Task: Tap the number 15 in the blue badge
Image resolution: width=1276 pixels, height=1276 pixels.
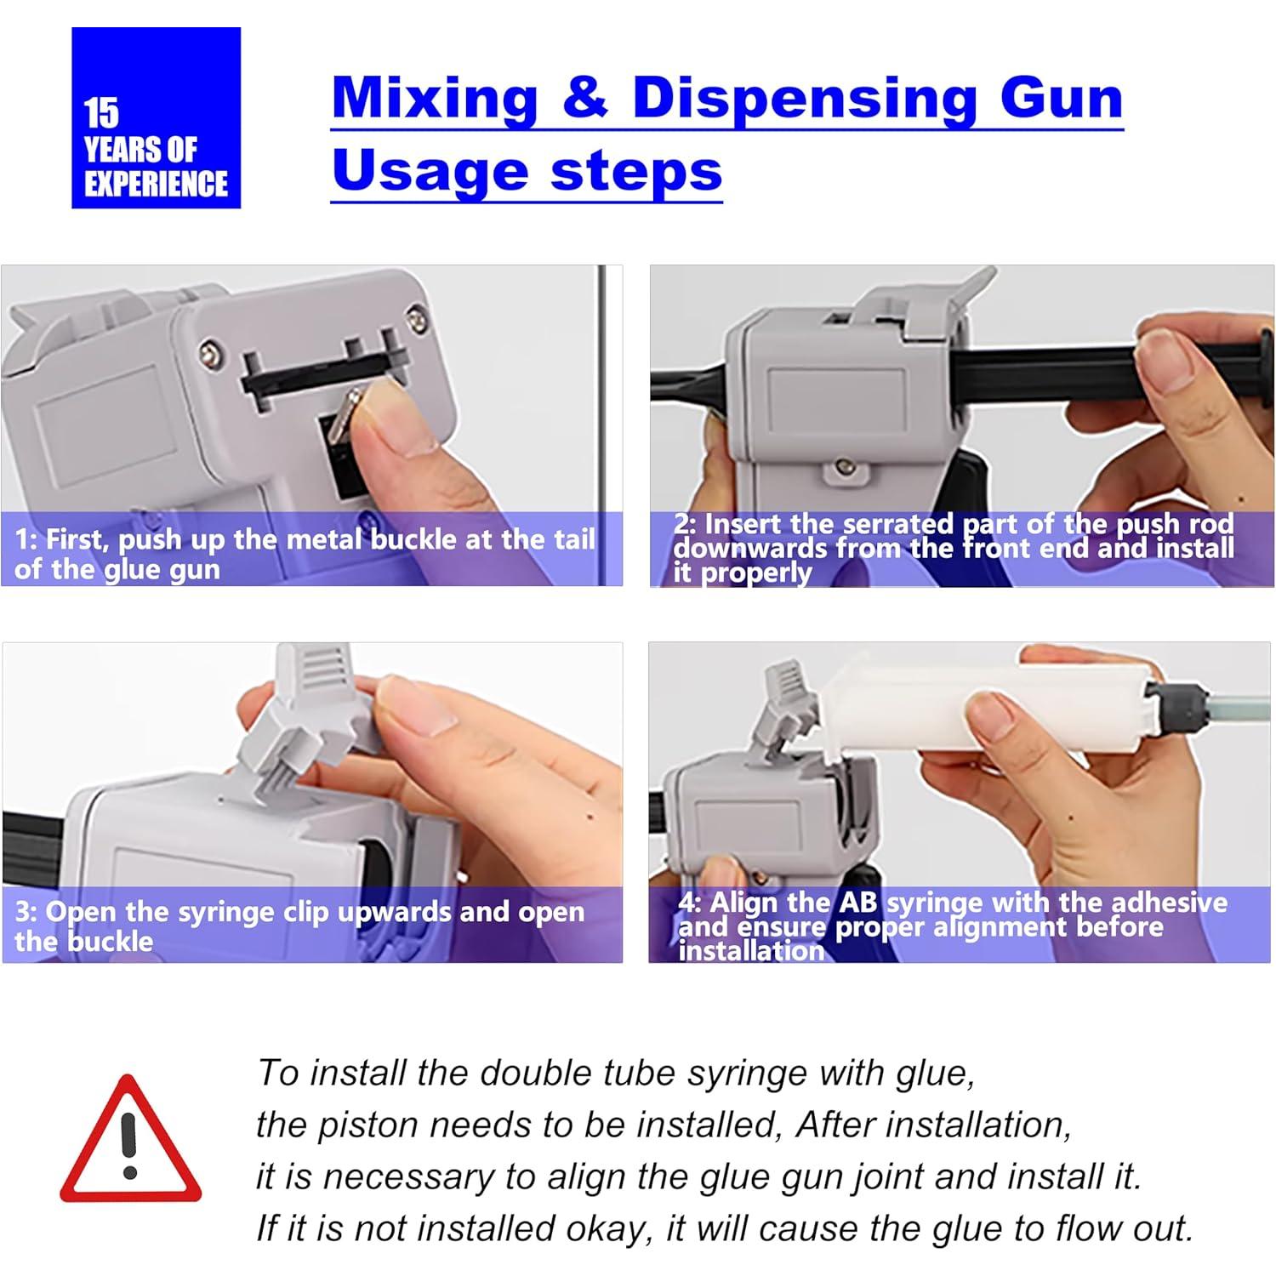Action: (101, 113)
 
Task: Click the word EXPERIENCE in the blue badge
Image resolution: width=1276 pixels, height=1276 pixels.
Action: (156, 184)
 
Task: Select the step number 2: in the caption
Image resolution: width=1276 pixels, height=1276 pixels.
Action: (685, 523)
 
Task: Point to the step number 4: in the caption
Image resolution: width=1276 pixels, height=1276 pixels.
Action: (690, 902)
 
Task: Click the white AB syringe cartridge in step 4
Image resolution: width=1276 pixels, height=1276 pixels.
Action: (987, 706)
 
